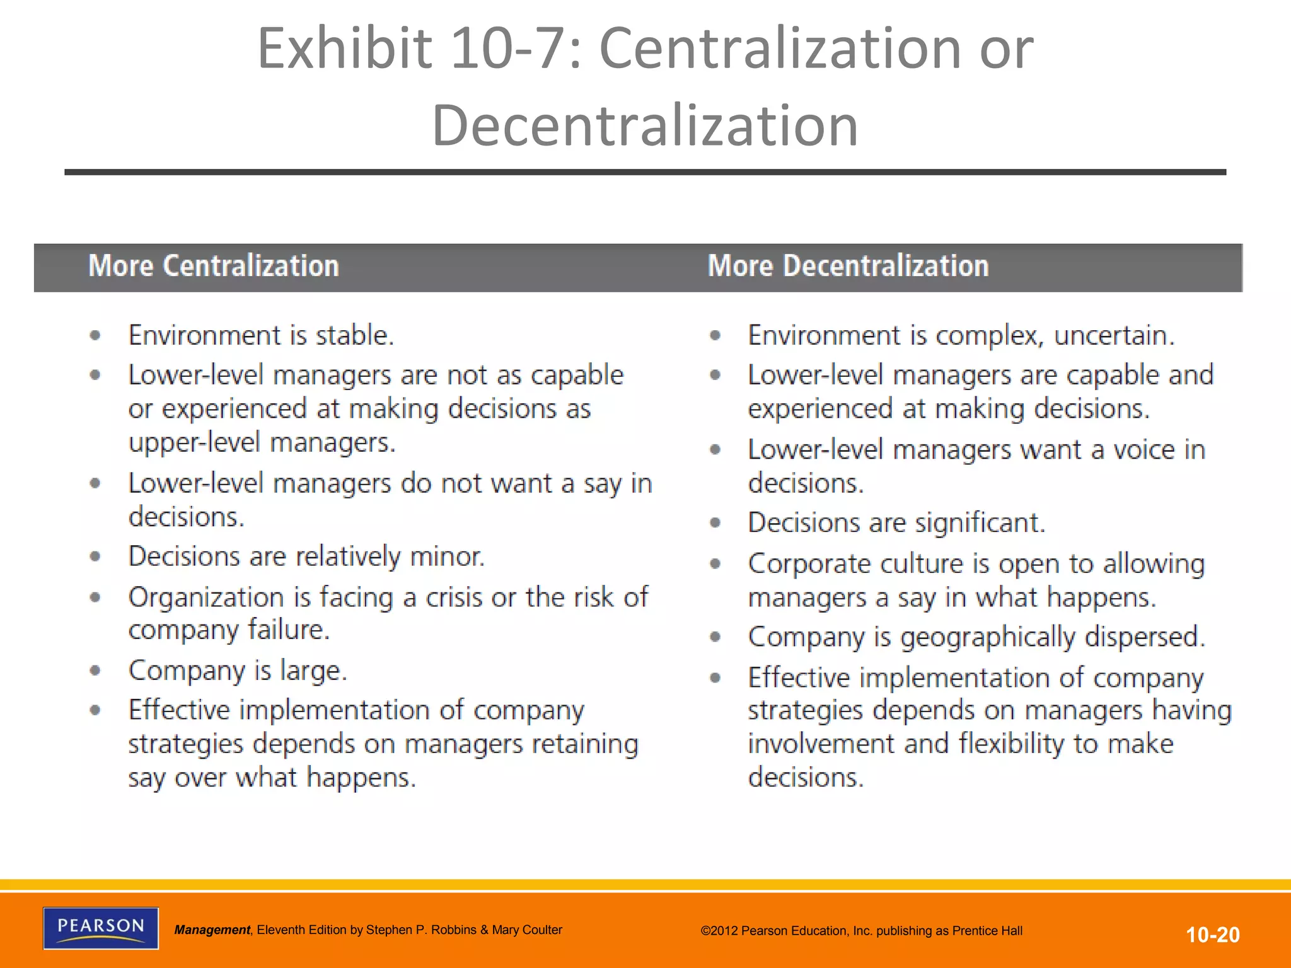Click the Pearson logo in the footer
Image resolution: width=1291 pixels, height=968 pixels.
click(101, 928)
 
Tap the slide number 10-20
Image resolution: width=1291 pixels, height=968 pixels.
click(1213, 935)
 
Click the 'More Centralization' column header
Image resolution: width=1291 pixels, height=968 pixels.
click(214, 266)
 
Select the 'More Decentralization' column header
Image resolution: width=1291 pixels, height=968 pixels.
click(848, 266)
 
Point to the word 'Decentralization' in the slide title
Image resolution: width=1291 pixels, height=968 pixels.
click(645, 125)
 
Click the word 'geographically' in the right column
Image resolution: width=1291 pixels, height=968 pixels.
click(987, 637)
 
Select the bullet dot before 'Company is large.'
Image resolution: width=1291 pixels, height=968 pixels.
click(95, 671)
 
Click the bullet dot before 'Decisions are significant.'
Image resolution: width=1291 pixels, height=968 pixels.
click(715, 522)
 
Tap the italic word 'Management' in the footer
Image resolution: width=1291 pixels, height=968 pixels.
click(212, 930)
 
